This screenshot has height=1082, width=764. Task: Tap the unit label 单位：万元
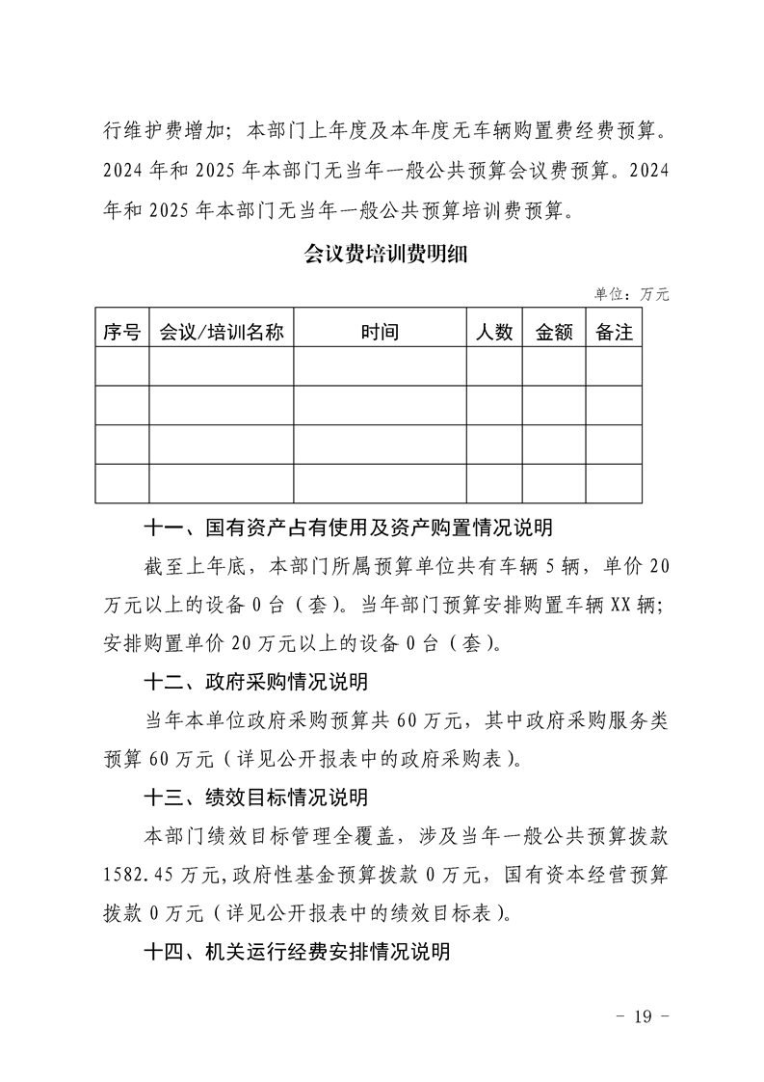(x=631, y=294)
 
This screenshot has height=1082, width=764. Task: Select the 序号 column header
(x=122, y=332)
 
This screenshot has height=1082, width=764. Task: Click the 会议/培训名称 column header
(x=222, y=332)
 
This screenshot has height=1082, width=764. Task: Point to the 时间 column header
(x=380, y=332)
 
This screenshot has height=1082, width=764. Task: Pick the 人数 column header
(x=494, y=332)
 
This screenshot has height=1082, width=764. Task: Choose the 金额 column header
(x=554, y=332)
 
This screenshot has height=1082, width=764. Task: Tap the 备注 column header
(x=615, y=332)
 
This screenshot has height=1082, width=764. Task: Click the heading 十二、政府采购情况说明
(x=255, y=683)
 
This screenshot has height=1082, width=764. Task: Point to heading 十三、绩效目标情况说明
(x=255, y=798)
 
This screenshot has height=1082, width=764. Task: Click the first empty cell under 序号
(x=122, y=366)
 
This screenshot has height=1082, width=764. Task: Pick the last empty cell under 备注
(x=615, y=483)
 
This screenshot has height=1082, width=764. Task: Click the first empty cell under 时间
(x=380, y=366)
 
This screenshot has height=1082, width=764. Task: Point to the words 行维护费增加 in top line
(x=159, y=127)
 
